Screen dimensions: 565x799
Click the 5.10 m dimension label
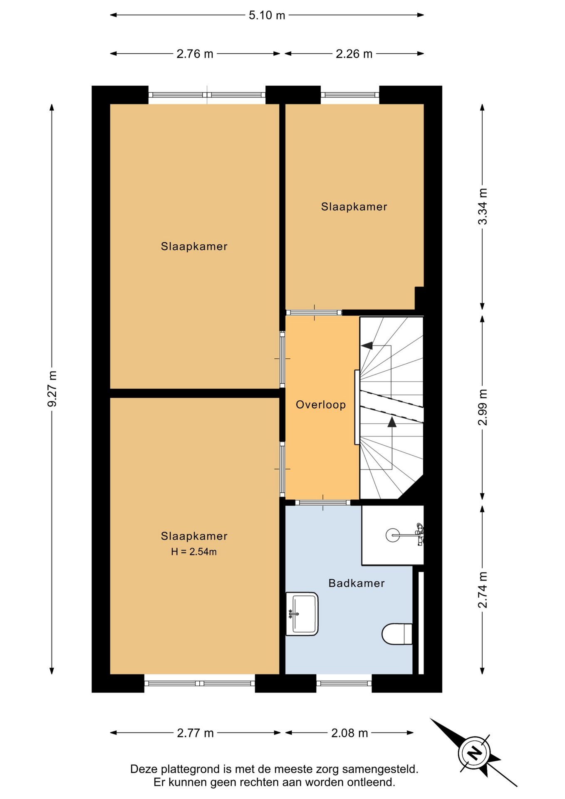267,15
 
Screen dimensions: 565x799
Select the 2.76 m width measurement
195,54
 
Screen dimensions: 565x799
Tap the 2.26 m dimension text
354,54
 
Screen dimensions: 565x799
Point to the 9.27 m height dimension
52,389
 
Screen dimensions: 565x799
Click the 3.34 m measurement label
482,206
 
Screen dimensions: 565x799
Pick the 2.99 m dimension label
482,407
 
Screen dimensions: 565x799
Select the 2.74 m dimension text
482,590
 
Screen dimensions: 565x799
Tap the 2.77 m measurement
195,733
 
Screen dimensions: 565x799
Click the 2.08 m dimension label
349,733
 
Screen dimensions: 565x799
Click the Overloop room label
321,404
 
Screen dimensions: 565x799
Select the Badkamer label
357,583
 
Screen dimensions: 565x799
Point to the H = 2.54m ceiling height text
194,552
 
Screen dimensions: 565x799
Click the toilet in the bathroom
397,634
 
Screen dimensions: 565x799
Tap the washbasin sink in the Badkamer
302,614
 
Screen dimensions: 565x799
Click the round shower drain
393,535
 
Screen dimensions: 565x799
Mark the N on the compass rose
474,753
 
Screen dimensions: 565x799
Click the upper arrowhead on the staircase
367,345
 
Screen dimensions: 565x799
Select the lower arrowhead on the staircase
392,422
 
